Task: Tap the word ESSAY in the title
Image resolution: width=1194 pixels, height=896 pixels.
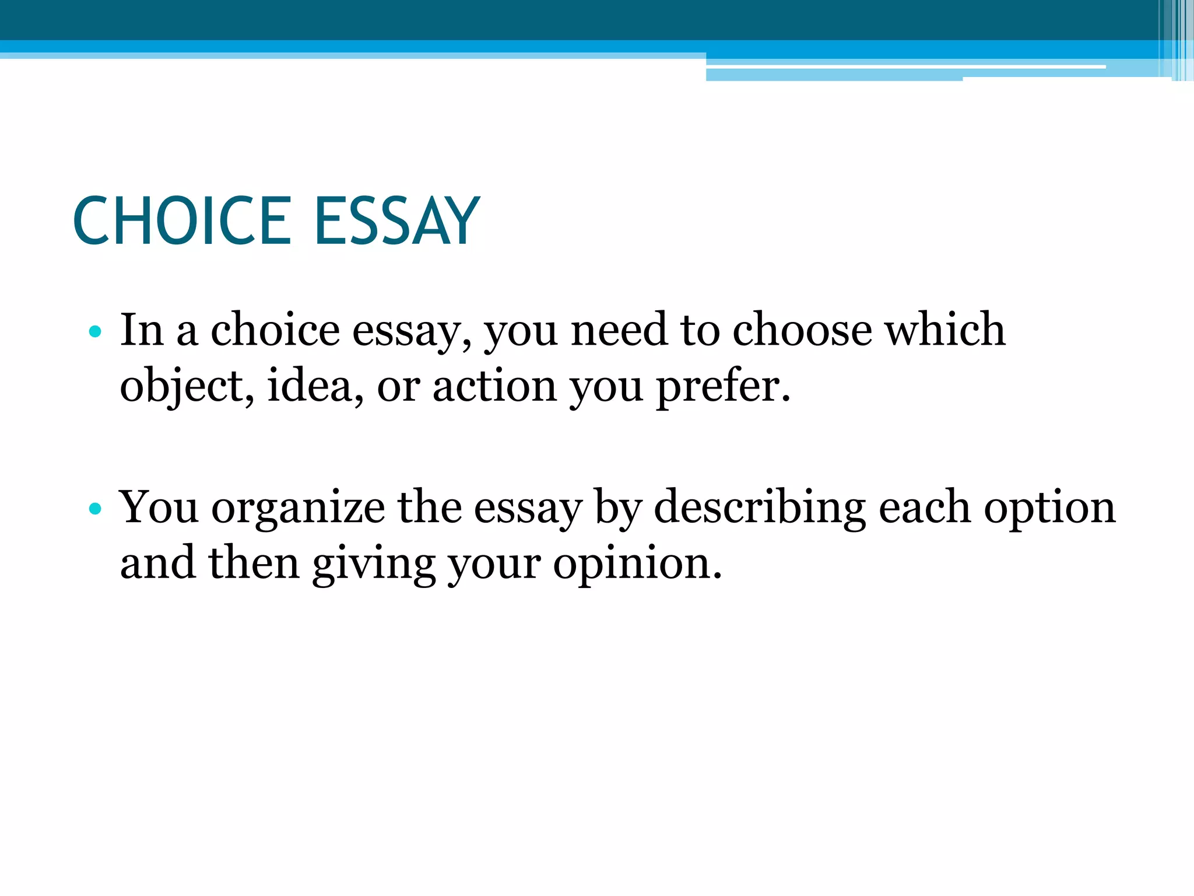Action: [x=397, y=221]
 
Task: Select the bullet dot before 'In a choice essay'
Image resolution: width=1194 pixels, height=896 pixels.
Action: [x=96, y=332]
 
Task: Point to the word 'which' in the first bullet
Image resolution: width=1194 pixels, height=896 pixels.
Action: [x=945, y=330]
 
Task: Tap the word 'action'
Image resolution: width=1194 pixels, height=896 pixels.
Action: [x=494, y=386]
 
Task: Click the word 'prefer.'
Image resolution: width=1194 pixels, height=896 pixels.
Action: [x=724, y=387]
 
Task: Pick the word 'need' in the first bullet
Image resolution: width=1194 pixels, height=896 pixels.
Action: [x=619, y=330]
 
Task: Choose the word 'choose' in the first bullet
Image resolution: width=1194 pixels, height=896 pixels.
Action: [x=802, y=330]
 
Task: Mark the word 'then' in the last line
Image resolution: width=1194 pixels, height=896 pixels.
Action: [x=254, y=563]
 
